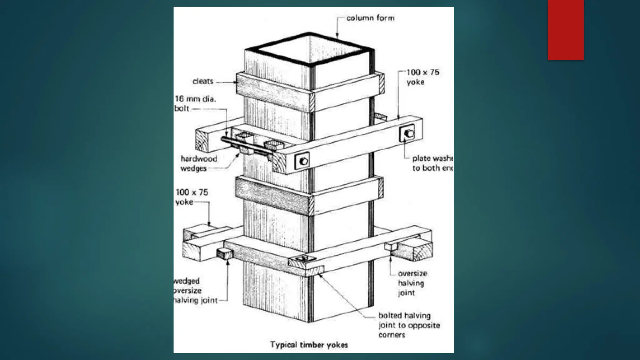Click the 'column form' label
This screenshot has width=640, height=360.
pyautogui.click(x=370, y=18)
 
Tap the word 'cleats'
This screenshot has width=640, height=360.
pyautogui.click(x=203, y=82)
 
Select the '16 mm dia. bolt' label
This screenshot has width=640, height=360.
pyautogui.click(x=195, y=103)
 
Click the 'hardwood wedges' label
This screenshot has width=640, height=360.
pyautogui.click(x=198, y=163)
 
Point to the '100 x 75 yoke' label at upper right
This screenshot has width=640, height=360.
pyautogui.click(x=422, y=77)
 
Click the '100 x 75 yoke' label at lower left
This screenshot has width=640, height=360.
pyautogui.click(x=192, y=197)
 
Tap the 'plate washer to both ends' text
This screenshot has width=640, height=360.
pyautogui.click(x=432, y=163)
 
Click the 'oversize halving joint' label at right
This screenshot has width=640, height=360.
pyautogui.click(x=412, y=283)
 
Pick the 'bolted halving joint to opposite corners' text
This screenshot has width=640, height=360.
pyautogui.click(x=408, y=325)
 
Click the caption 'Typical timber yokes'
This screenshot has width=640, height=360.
pyautogui.click(x=309, y=345)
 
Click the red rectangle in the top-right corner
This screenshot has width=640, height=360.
pyautogui.click(x=566, y=30)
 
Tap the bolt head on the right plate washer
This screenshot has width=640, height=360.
pyautogui.click(x=409, y=134)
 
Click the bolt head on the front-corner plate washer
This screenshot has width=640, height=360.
pyautogui.click(x=303, y=161)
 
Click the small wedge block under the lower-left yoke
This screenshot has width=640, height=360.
pyautogui.click(x=224, y=253)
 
